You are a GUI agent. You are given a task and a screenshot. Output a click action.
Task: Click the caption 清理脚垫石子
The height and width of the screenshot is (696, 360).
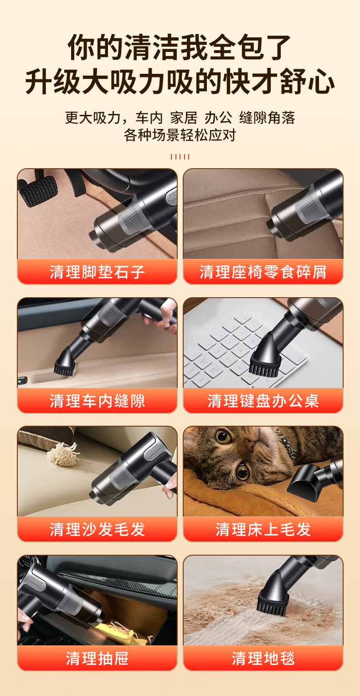97,272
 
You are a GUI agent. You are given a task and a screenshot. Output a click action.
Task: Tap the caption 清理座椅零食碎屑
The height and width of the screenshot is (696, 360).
263,272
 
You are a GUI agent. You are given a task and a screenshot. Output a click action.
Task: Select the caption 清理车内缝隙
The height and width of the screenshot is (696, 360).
97,401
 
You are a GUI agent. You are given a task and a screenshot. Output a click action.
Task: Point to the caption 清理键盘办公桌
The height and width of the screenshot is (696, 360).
263,401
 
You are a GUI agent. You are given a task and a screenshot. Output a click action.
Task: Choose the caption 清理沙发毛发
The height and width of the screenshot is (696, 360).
97,529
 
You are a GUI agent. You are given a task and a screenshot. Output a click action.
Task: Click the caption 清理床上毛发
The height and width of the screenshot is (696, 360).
263,529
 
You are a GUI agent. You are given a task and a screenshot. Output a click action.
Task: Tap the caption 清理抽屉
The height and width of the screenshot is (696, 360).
97,658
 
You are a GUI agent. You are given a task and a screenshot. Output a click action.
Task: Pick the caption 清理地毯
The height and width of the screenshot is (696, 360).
263,658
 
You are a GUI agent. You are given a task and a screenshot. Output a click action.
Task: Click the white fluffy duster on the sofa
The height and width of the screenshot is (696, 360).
62,454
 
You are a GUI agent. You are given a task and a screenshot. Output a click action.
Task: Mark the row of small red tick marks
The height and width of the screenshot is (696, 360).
180,157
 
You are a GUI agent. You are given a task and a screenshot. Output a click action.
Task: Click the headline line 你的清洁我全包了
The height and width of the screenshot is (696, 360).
180,47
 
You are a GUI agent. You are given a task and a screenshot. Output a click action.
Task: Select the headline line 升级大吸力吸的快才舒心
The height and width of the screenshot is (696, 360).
180,82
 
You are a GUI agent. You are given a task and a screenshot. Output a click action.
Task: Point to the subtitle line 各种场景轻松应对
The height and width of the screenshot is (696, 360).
180,135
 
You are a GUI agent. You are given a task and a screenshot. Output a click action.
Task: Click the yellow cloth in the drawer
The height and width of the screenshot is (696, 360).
124,632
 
